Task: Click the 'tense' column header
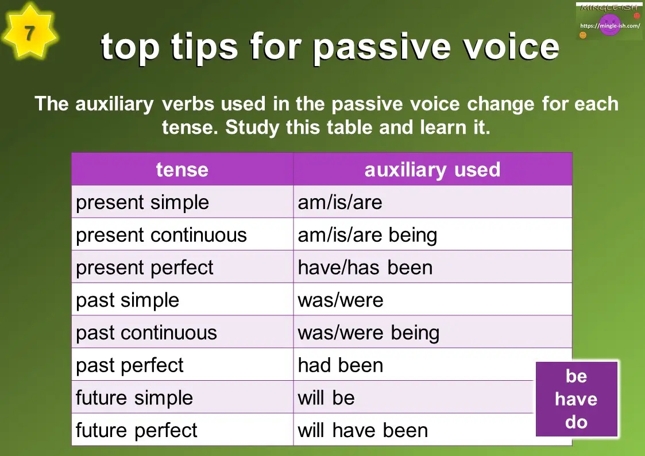click(x=182, y=169)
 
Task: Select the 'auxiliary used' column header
click(x=432, y=169)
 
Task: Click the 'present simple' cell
click(x=142, y=202)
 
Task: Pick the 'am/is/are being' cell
click(x=368, y=235)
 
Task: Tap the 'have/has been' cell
click(x=365, y=268)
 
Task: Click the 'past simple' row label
click(x=128, y=300)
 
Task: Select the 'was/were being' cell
click(x=369, y=333)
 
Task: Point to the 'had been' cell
click(x=341, y=365)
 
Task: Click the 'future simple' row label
click(x=134, y=397)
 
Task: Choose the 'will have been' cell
click(x=363, y=430)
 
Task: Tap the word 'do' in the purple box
click(x=576, y=423)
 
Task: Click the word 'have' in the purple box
click(x=576, y=399)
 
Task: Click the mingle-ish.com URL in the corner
click(x=610, y=26)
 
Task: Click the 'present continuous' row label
click(x=161, y=235)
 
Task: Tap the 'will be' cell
click(x=326, y=397)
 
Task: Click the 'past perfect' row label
click(x=130, y=365)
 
